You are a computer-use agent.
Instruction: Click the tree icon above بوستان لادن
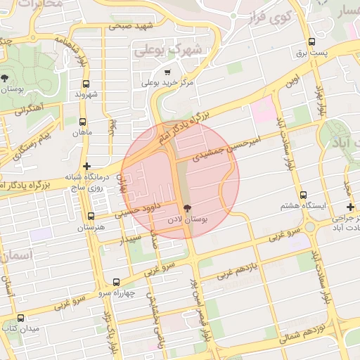coord(187,208)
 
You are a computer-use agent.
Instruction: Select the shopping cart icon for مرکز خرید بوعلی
coord(167,72)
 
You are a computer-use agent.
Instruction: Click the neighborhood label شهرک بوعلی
coord(168,49)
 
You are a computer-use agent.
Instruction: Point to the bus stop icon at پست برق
coord(311,42)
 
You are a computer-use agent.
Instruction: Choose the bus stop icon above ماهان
coord(83,121)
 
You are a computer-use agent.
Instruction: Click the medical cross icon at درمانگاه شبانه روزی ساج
coord(86,167)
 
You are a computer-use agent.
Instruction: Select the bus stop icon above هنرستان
coord(91,216)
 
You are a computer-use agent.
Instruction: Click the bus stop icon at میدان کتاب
coord(20,318)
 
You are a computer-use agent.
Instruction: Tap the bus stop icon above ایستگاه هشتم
coord(303,195)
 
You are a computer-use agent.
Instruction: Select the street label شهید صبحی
coord(130,26)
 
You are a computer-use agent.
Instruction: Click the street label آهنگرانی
coord(25,109)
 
